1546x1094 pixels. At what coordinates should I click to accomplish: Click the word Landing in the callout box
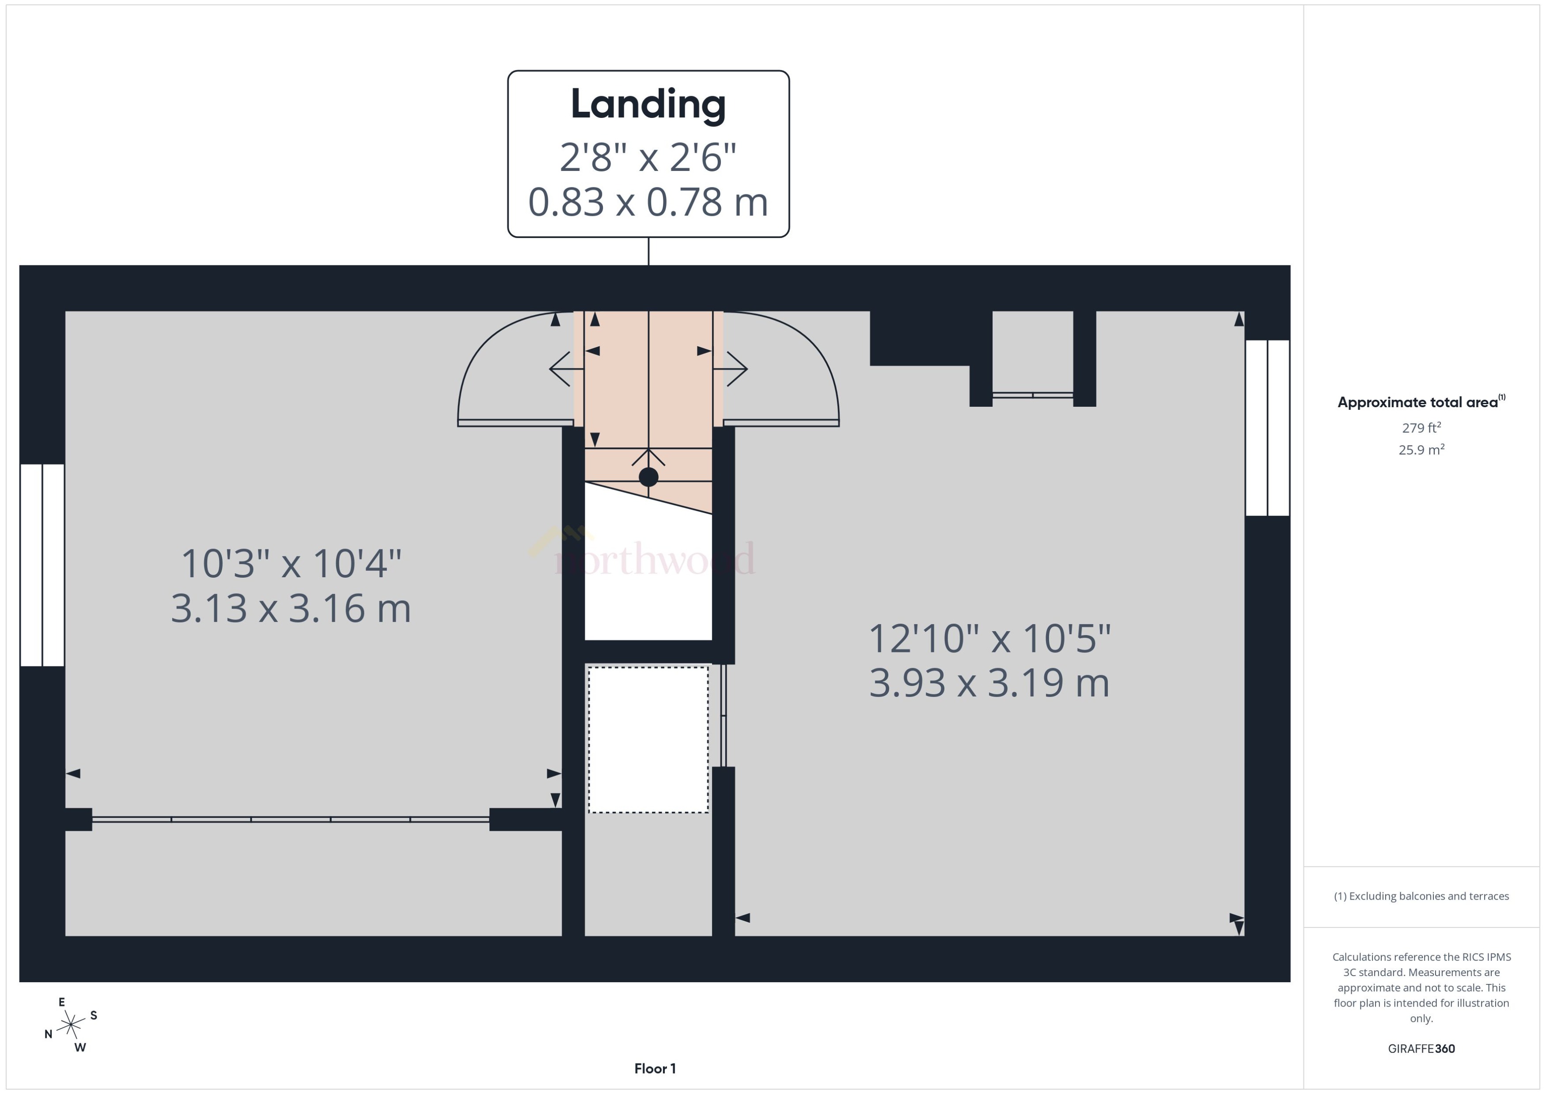click(648, 104)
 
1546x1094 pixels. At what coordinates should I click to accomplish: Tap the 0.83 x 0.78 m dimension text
click(648, 202)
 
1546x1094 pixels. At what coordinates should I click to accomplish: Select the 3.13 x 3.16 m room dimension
click(291, 608)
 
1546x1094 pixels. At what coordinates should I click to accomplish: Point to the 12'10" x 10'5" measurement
click(989, 639)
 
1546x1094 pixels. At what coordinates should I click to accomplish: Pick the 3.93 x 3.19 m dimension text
click(989, 683)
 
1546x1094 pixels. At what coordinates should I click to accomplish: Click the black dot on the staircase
click(648, 477)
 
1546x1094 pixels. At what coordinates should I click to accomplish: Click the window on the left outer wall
click(42, 564)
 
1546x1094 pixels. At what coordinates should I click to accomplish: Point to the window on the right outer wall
click(1267, 428)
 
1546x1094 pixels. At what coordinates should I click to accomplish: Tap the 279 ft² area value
click(1421, 428)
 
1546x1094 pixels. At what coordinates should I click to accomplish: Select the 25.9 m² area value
click(1421, 449)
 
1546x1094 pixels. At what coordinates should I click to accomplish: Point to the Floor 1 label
click(655, 1068)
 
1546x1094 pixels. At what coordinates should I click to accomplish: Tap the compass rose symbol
click(71, 1025)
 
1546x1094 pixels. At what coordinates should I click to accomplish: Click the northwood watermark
click(653, 558)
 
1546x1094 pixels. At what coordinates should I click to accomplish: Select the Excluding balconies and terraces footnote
click(1421, 896)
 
